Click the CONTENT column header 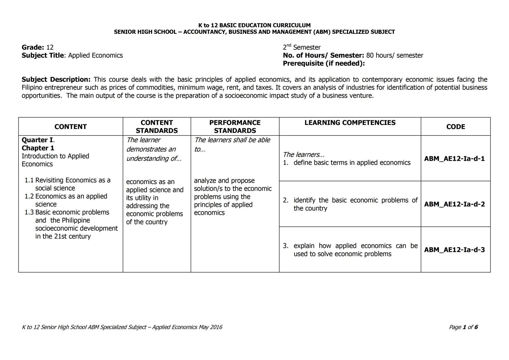click(x=70, y=127)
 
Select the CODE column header click(x=455, y=127)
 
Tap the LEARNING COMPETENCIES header click(x=350, y=123)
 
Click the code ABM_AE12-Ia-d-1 click(x=454, y=158)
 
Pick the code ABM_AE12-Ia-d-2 click(x=454, y=204)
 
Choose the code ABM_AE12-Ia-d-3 click(x=454, y=250)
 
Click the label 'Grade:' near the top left click(x=33, y=47)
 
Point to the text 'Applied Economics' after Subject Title click(x=95, y=56)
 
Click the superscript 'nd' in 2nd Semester click(x=289, y=45)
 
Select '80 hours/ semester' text click(x=394, y=56)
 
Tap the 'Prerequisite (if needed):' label click(x=323, y=64)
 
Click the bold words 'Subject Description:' click(x=56, y=80)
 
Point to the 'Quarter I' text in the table click(x=37, y=140)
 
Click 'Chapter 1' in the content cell click(x=38, y=148)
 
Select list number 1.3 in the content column click(x=29, y=212)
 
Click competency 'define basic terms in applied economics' click(x=352, y=163)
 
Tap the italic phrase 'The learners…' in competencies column click(x=303, y=154)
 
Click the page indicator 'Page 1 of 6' click(x=463, y=327)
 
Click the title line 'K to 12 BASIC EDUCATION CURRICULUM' click(x=254, y=25)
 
